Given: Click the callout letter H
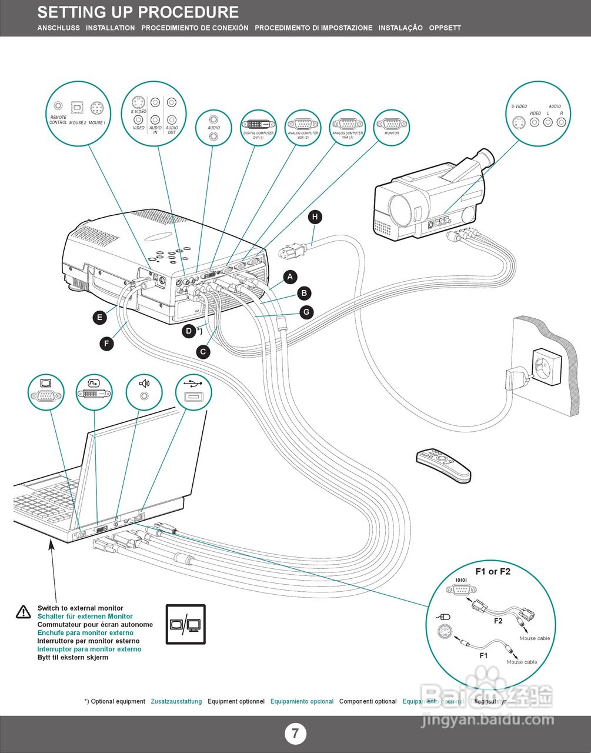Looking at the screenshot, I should click(315, 217).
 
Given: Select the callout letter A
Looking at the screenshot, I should click(289, 276).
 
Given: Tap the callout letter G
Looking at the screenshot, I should click(306, 312).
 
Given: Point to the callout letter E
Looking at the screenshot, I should click(100, 318).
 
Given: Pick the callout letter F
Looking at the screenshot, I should click(106, 344).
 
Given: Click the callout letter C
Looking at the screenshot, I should click(203, 352).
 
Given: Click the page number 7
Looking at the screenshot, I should click(295, 734).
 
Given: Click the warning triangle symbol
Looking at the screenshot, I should click(24, 612).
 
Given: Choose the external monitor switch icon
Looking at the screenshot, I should click(186, 624).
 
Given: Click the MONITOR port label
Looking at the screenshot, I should click(392, 133).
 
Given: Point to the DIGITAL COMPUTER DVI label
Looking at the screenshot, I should click(258, 135).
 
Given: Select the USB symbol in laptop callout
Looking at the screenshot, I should click(194, 383).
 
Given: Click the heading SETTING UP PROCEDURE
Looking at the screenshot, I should click(138, 12).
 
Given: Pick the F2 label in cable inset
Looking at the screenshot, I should click(498, 621).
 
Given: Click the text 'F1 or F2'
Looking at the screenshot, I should click(493, 571).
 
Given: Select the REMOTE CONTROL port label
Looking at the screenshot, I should click(58, 120).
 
